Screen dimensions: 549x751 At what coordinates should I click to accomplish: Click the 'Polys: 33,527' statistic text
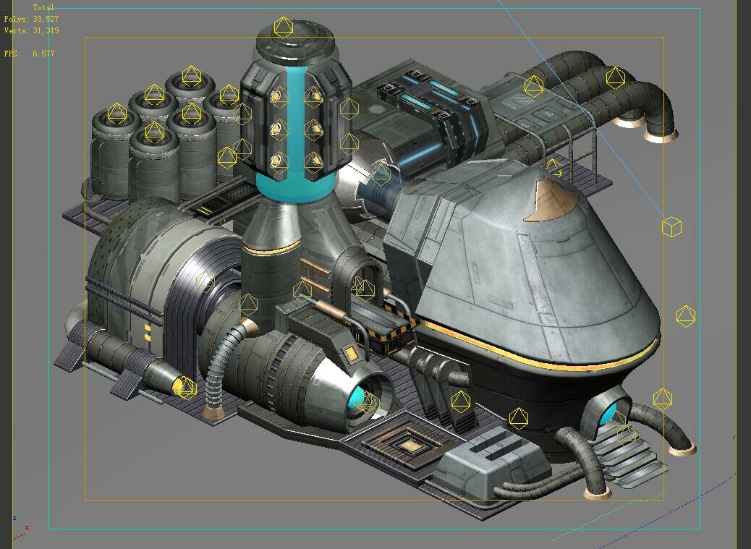[31, 20]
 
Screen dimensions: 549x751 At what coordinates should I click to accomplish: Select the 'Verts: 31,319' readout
[31, 31]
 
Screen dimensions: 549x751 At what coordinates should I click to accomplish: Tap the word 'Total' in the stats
[43, 8]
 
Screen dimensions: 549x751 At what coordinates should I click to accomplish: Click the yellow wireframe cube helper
[671, 227]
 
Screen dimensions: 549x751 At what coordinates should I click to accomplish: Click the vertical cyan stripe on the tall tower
[296, 123]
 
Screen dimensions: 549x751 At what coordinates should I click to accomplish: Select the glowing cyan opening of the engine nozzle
[360, 400]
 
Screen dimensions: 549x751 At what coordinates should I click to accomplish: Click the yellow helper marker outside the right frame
[685, 316]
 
